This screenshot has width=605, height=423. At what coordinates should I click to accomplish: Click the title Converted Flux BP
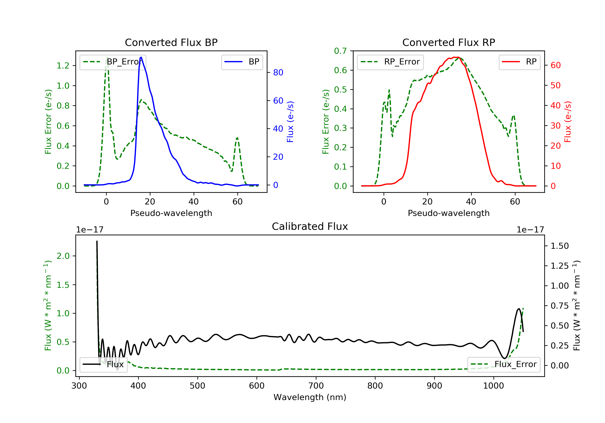pos(171,42)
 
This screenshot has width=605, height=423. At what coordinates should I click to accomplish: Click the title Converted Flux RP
pos(449,42)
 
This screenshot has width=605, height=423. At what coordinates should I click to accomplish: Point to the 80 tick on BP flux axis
pos(278,72)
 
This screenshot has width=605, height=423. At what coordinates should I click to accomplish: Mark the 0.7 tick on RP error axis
pos(340,51)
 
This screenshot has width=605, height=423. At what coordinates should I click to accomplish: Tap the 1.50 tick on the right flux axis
pos(560,246)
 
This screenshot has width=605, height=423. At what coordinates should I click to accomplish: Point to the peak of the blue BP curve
pos(141,57)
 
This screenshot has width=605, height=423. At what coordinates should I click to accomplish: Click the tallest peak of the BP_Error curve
pos(107,57)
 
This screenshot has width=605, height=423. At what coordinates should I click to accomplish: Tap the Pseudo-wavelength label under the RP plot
pos(449,213)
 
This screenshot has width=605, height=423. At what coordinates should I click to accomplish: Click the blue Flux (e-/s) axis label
pos(290,122)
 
